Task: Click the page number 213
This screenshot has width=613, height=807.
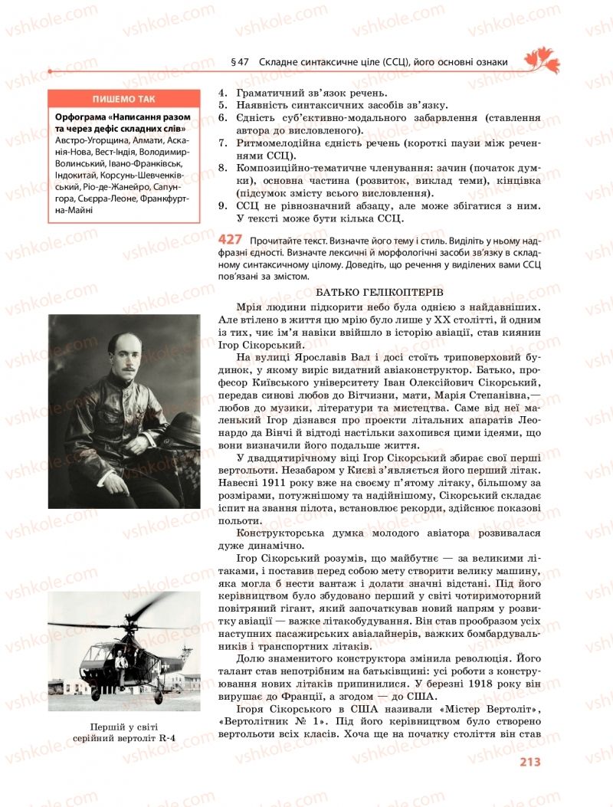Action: point(529,761)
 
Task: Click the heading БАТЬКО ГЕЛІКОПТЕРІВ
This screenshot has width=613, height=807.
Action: point(379,292)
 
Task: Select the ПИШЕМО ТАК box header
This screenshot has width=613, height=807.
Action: point(123,100)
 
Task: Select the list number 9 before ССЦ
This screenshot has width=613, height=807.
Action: point(222,206)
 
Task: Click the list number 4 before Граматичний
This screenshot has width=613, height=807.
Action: point(222,91)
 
